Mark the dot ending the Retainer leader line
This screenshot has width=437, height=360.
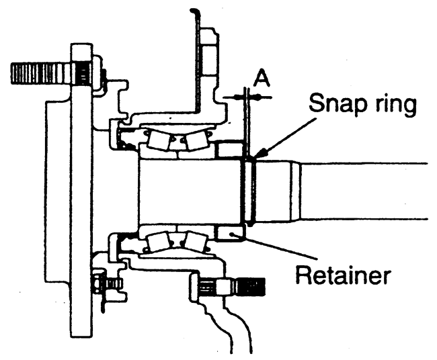(x=235, y=234)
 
